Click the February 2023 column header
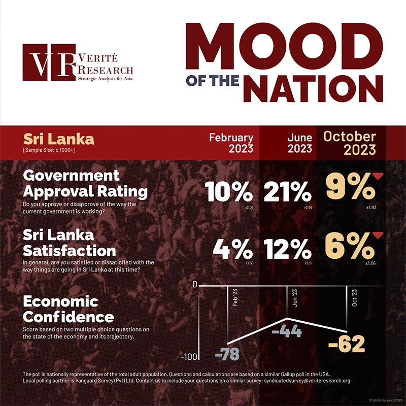pos(231,143)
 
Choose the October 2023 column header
pos(350,143)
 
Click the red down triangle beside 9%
pos(377,176)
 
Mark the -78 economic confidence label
pos(226,354)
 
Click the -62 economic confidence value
pos(347,345)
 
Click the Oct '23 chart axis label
pos(354,296)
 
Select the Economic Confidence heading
pos(69,310)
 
